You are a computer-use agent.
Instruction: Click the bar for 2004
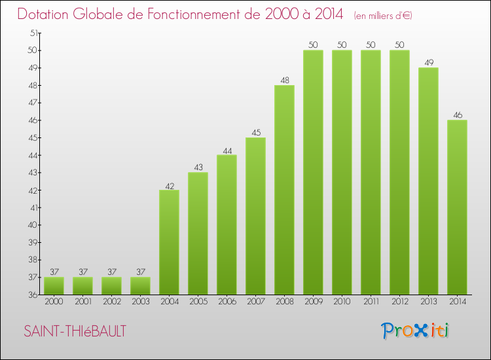click(x=169, y=242)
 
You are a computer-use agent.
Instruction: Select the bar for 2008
click(x=284, y=190)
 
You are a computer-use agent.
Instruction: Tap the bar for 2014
click(x=457, y=207)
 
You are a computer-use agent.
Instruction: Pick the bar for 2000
click(x=54, y=286)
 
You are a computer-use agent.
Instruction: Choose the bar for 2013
click(x=428, y=181)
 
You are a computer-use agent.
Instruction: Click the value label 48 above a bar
click(x=284, y=80)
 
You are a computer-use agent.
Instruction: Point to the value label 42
click(x=169, y=185)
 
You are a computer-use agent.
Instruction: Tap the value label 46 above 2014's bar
click(x=457, y=115)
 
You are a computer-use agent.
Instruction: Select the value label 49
click(x=428, y=63)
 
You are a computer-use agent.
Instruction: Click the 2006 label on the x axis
click(x=227, y=303)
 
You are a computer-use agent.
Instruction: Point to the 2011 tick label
click(x=371, y=303)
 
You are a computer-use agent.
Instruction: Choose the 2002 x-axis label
click(x=111, y=303)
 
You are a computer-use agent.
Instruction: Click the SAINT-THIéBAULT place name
click(x=74, y=331)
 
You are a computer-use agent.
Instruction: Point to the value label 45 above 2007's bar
click(x=255, y=133)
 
